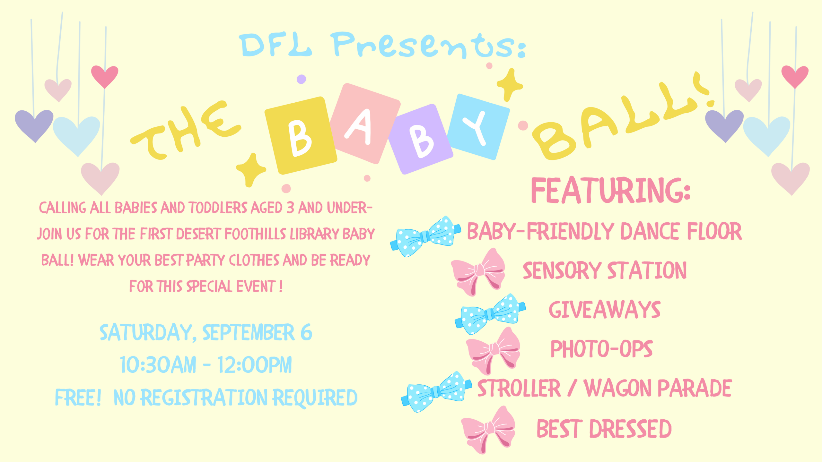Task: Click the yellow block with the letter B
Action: pos(301,135)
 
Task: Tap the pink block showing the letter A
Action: pos(365,124)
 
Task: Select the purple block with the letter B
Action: pos(421,139)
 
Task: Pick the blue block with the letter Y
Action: pos(478,127)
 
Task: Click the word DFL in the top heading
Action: pos(275,45)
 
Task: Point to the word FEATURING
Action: pos(611,190)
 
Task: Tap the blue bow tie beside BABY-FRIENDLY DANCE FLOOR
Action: pos(425,236)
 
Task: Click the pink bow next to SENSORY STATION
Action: pos(478,272)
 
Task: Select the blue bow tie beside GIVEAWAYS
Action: pos(490,313)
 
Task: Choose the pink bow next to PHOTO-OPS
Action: pos(493,351)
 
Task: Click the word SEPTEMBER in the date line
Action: pos(248,332)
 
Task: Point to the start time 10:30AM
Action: pos(158,365)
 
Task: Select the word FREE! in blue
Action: pos(78,398)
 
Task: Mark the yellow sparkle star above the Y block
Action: pos(510,85)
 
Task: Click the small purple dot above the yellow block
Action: pos(301,79)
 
